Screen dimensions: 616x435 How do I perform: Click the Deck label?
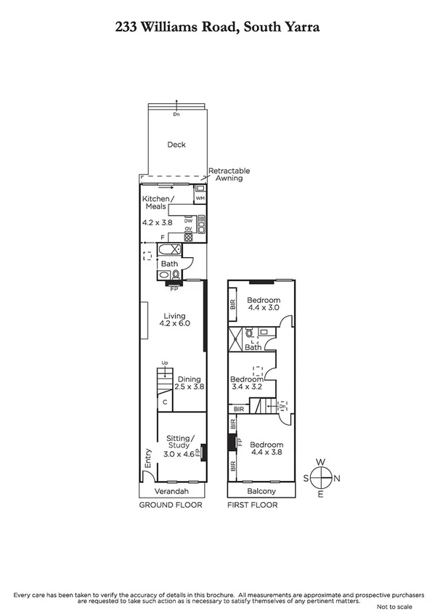[x=176, y=145]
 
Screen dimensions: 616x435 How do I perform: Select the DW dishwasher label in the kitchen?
[x=187, y=220]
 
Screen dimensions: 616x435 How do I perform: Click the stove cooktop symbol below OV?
[x=187, y=236]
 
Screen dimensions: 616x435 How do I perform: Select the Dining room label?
[x=189, y=378]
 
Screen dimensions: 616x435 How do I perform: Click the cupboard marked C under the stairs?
[x=166, y=401]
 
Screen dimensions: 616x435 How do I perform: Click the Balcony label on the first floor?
[x=261, y=491]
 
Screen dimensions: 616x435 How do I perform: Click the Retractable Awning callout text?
[x=225, y=174]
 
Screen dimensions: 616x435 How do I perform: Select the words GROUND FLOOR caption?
[x=170, y=504]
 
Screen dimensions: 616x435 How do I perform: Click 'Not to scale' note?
[x=394, y=606]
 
